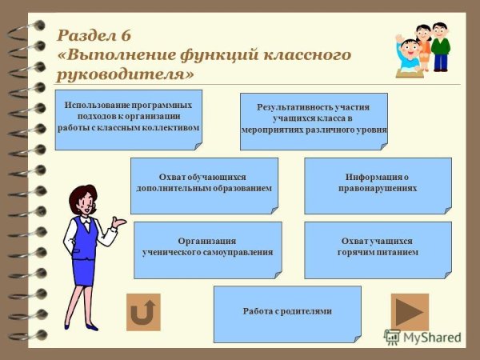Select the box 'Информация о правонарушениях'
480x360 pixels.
(x=377, y=183)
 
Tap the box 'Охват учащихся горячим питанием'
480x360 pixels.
(x=377, y=247)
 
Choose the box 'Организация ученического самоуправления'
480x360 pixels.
(x=207, y=247)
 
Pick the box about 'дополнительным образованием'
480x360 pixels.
(x=204, y=183)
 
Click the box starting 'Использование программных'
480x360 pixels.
(x=128, y=118)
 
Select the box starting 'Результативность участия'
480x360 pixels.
(x=314, y=118)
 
